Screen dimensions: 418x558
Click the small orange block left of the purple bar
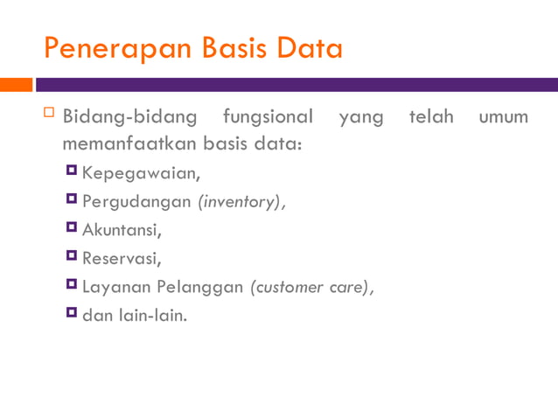pos(16,85)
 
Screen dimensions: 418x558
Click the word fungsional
pos(268,117)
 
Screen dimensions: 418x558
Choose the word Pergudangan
pos(136,202)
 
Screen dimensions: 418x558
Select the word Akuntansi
pos(121,230)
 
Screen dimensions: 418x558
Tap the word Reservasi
pos(122,258)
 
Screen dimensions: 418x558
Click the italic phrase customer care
pos(310,287)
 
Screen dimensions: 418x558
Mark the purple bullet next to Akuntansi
pos(72,228)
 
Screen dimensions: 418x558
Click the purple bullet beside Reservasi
pos(72,256)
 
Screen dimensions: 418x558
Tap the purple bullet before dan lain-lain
pos(72,313)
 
